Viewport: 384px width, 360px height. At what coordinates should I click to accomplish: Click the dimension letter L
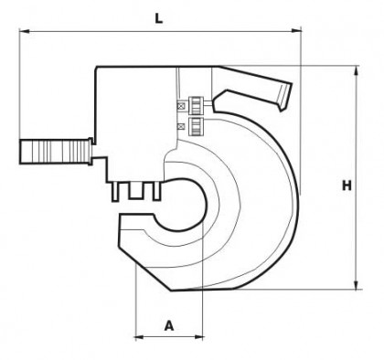pos(159,18)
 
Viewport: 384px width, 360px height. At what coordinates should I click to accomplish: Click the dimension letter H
pos(347,185)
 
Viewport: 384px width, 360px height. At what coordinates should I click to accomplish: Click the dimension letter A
pos(169,325)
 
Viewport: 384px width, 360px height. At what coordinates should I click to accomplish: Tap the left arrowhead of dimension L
pos(25,31)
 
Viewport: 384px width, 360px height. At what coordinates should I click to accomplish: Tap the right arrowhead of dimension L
pos(296,30)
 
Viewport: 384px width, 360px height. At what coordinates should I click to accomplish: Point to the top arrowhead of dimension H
pos(356,71)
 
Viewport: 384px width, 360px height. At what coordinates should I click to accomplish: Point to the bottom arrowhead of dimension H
pos(356,284)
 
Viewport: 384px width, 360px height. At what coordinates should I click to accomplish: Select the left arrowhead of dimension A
pos(140,337)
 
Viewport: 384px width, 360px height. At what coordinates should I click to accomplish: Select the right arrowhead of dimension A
pos(198,337)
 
